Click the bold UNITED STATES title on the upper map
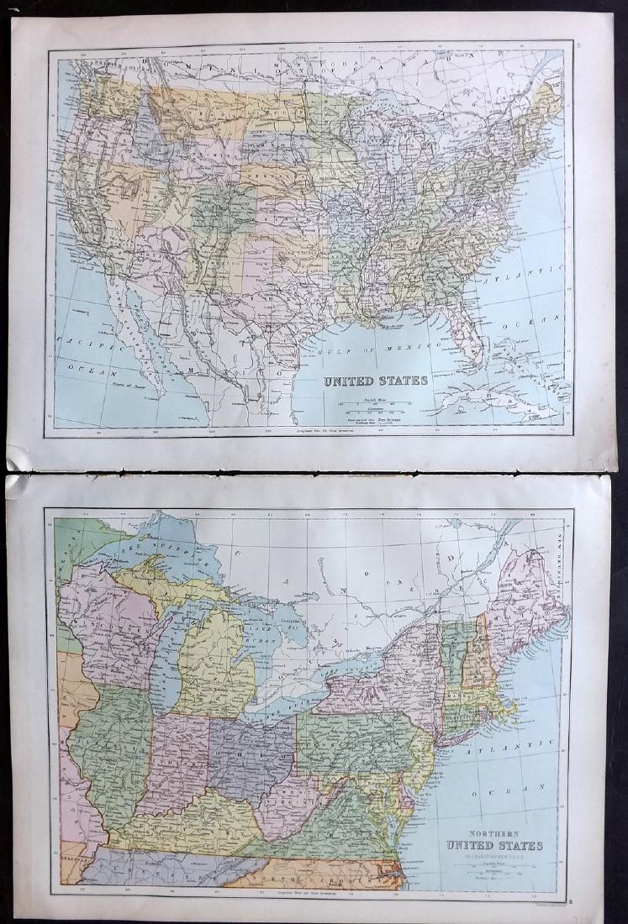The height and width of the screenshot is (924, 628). pos(376,380)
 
